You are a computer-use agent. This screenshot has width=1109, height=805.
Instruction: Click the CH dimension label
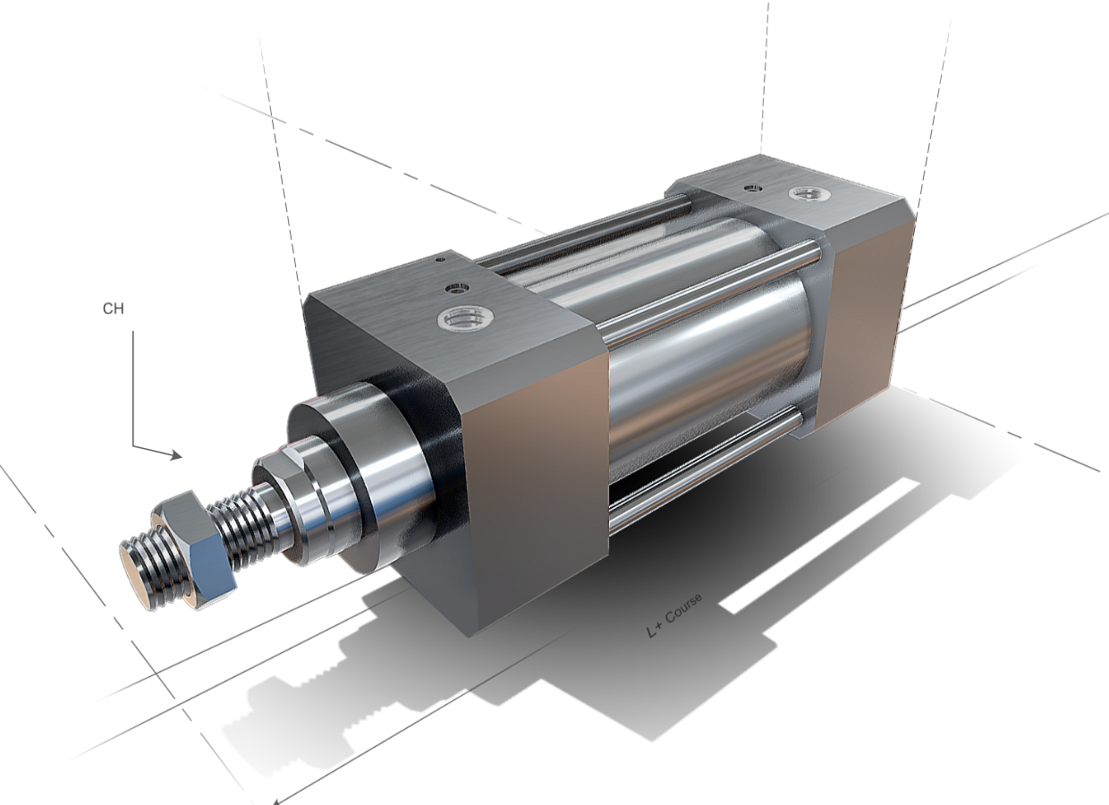pos(113,309)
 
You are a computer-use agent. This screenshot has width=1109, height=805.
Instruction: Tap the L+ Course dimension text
pos(674,615)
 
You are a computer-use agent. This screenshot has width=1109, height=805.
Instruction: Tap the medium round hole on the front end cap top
pos(459,289)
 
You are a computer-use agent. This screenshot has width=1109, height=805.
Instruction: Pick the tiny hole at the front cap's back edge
pos(439,262)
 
